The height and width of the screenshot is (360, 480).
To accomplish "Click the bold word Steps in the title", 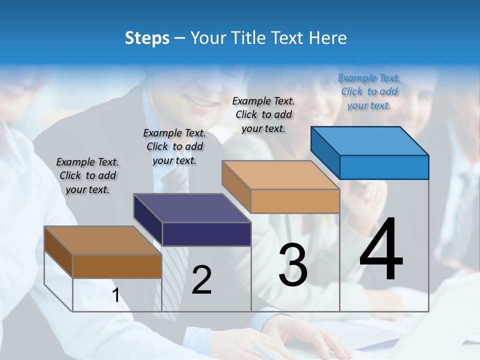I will (147, 38).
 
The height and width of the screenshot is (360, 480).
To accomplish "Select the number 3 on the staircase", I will (292, 265).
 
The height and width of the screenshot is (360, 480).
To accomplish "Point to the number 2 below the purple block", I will (201, 280).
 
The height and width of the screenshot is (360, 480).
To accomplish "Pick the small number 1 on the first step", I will (116, 295).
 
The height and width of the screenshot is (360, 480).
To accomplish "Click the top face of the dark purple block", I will (192, 208).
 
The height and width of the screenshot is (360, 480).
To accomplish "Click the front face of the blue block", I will (384, 167).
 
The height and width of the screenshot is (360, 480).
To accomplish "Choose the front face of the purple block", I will (206, 234).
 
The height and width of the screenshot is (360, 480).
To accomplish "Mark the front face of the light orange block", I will (295, 201).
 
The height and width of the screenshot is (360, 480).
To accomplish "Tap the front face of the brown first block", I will (117, 266).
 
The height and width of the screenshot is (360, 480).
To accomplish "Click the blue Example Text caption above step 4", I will (369, 91).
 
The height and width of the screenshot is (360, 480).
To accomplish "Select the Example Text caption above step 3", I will (263, 114).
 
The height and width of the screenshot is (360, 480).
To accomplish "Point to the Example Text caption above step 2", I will (174, 146).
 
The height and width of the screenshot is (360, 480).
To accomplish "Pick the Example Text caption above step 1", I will (87, 175).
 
